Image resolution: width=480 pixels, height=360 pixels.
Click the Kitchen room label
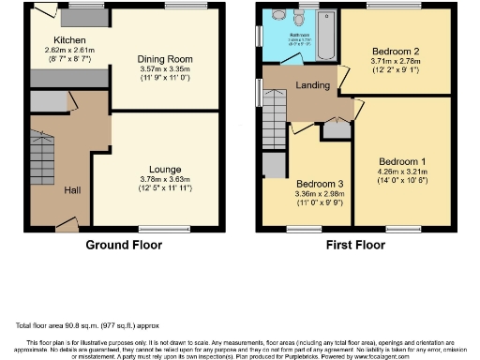[x=70, y=40]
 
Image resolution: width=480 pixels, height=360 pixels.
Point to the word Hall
[x=72, y=190]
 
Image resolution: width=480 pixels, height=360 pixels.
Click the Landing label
[x=312, y=85]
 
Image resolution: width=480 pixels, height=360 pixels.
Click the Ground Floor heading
[x=124, y=246]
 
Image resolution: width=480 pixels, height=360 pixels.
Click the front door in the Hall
[x=66, y=223]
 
